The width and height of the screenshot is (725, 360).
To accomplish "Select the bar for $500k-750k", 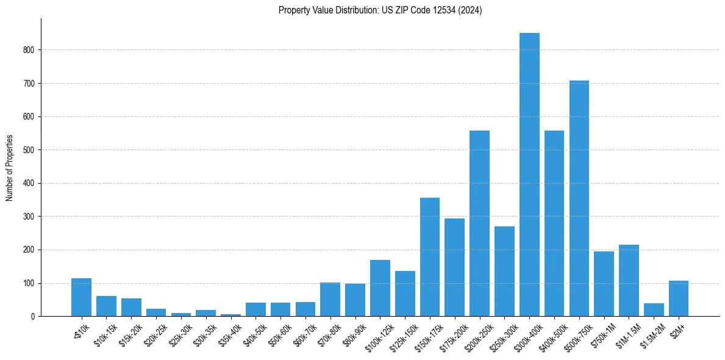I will click(579, 198).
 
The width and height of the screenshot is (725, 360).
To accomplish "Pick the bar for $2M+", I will click(679, 298).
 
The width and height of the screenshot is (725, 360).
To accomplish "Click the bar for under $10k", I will click(81, 297).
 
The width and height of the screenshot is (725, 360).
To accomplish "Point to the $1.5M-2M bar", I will click(654, 310).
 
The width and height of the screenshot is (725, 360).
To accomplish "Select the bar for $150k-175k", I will click(430, 257).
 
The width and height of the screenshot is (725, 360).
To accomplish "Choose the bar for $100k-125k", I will click(380, 288).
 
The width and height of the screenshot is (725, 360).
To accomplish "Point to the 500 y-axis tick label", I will click(30, 150).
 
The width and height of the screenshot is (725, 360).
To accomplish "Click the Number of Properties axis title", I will click(9, 168).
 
